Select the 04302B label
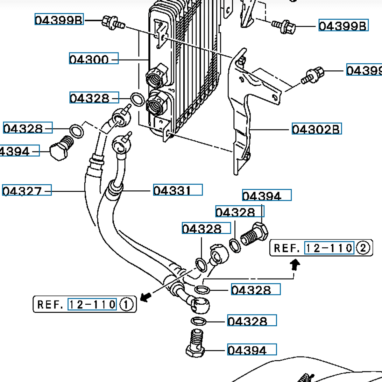tap(316, 129)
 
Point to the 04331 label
tap(177, 190)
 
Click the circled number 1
tap(126, 305)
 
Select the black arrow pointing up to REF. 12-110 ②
tap(295, 265)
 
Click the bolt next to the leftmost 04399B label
tap(112, 23)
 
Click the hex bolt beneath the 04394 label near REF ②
tap(255, 235)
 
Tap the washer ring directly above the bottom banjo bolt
tap(199, 321)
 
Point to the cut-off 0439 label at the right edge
tap(364, 70)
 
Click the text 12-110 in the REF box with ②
tap(329, 248)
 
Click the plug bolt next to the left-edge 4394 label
tap(60, 149)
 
